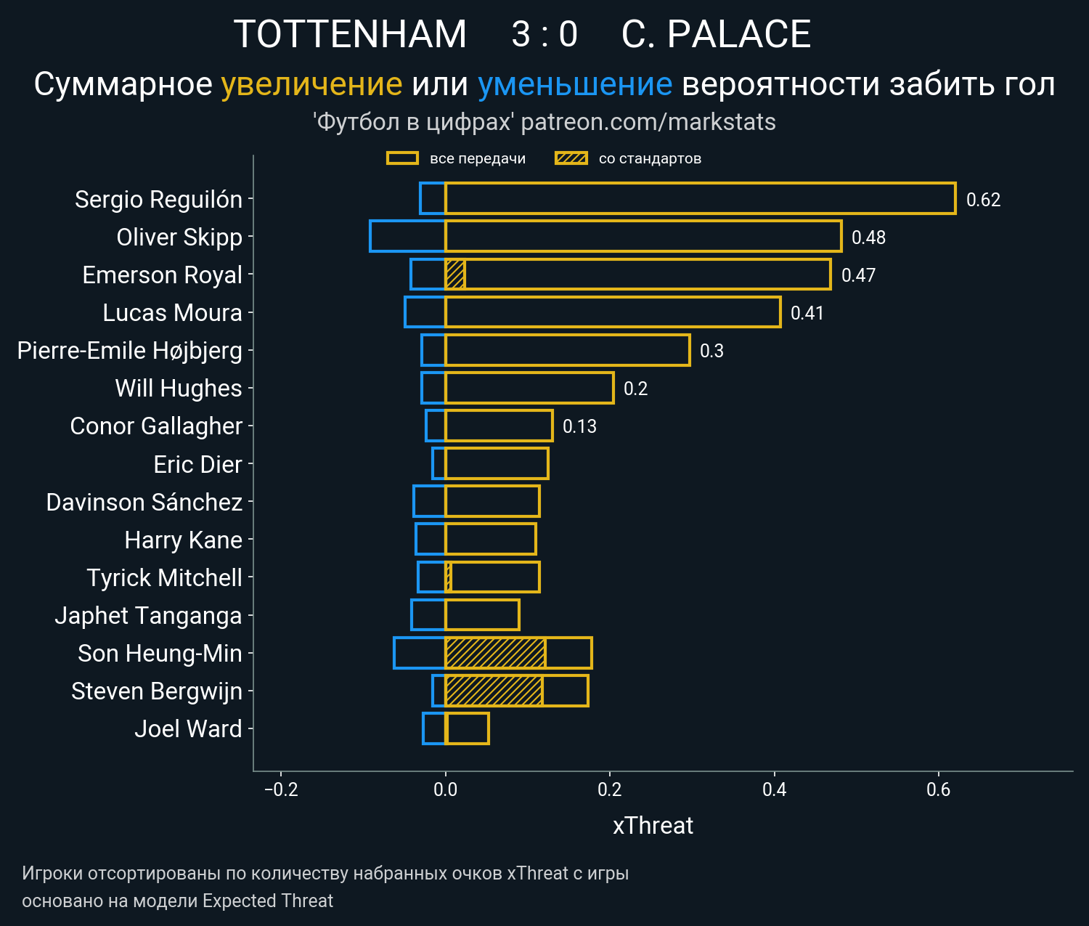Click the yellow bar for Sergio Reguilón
tap(700, 199)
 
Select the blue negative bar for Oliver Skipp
tap(407, 237)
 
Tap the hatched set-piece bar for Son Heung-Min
tap(495, 653)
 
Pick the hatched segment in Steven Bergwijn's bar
tap(494, 691)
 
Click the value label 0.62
tap(983, 200)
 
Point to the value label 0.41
tap(807, 313)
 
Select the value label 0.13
tap(579, 426)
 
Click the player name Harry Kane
tap(183, 540)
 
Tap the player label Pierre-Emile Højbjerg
tap(129, 351)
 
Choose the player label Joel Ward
tap(188, 729)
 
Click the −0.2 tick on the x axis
tap(281, 789)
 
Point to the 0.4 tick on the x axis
tap(774, 789)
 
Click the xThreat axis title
tap(653, 826)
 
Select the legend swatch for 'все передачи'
tap(402, 158)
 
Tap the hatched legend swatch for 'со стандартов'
tap(571, 158)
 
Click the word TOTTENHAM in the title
tap(350, 34)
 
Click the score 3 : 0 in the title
tap(544, 34)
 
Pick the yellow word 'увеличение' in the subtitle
tap(311, 85)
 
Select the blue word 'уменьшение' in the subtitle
tap(575, 85)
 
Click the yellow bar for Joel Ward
tap(467, 728)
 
